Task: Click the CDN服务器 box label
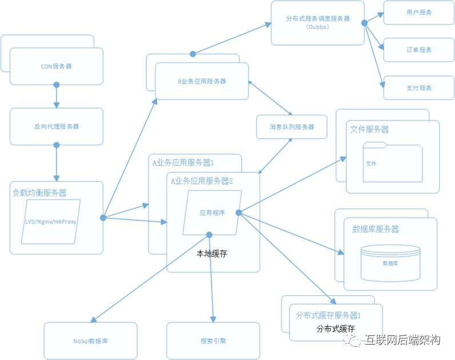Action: [56, 66]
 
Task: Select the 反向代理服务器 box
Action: [56, 126]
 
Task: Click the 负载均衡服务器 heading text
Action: [39, 193]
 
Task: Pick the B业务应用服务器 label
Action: [202, 81]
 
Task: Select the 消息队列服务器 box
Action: [292, 126]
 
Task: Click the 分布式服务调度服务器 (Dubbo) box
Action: [318, 22]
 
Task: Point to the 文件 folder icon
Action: [393, 163]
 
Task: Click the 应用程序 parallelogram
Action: [212, 213]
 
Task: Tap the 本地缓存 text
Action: [211, 253]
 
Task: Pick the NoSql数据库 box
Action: [90, 341]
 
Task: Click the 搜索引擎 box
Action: [213, 341]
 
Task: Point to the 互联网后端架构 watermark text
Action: [403, 341]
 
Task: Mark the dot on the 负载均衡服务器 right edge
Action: [103, 217]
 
